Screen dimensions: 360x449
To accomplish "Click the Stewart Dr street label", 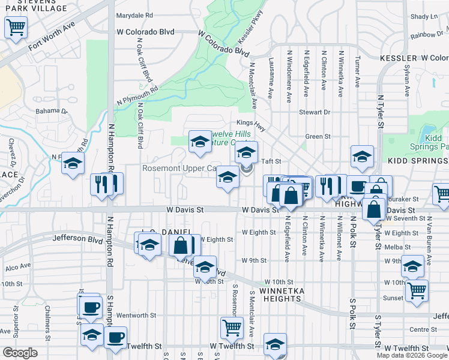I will (x=315, y=112).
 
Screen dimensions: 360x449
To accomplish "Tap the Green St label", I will (x=318, y=137).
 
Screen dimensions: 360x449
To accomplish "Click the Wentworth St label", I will (x=136, y=314).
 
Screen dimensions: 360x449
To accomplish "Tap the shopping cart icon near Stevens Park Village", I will (x=16, y=26).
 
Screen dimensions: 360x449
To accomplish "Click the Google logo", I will (x=20, y=353).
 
